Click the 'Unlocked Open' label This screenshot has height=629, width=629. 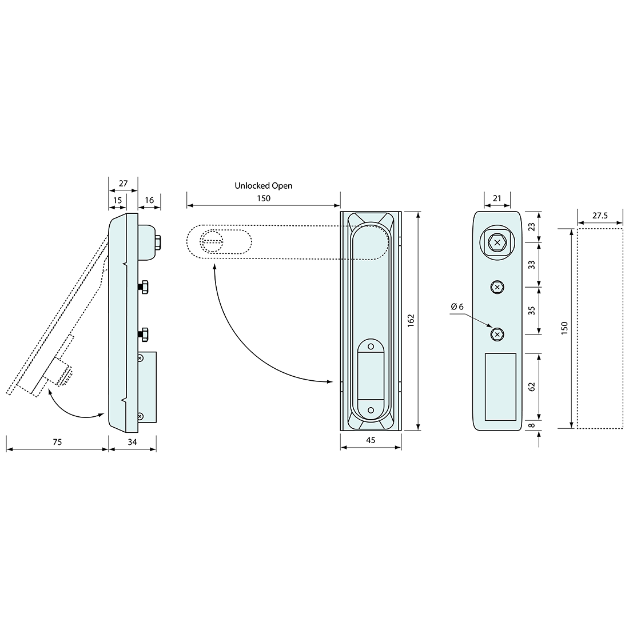point(263,186)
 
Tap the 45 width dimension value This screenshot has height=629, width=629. point(371,440)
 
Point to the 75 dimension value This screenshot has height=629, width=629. point(57,441)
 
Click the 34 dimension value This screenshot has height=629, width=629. point(132,441)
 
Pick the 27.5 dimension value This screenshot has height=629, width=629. point(600,216)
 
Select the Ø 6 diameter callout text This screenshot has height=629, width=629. point(457,307)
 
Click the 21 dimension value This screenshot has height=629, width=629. point(497,198)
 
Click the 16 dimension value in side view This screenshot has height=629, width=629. point(149,200)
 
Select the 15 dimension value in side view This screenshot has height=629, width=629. point(117,200)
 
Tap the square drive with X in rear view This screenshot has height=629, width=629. point(497,243)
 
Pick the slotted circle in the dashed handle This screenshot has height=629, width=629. point(211,241)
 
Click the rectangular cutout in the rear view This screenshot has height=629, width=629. point(500,386)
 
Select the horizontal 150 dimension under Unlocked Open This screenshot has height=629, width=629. point(263,198)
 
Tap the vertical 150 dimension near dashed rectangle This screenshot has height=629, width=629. point(565,328)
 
